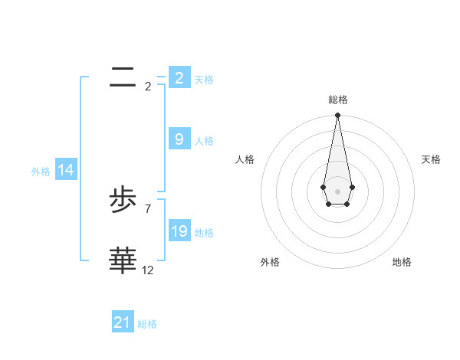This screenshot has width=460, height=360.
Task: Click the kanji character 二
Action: (x=123, y=76)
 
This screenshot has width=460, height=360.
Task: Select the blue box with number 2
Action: (x=179, y=78)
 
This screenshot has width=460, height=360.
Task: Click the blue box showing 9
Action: (x=179, y=139)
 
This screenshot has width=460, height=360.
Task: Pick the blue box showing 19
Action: (x=179, y=231)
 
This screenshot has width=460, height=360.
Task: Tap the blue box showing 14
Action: (x=66, y=171)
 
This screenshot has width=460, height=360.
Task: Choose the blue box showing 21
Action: (x=123, y=322)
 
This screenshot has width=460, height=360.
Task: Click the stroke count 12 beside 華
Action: (x=148, y=270)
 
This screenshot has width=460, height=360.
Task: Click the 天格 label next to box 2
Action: (x=204, y=80)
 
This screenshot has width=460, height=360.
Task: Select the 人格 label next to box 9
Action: (x=204, y=141)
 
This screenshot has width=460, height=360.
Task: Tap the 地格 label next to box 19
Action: (x=204, y=233)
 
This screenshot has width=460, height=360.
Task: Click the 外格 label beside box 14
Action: (x=41, y=172)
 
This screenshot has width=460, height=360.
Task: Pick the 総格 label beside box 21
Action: (x=147, y=324)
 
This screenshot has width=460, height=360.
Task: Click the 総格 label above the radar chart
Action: (x=338, y=100)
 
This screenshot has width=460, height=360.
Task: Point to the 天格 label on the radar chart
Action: (x=432, y=159)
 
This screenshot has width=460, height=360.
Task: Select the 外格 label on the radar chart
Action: (x=270, y=262)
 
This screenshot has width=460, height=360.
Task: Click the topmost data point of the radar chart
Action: (x=337, y=116)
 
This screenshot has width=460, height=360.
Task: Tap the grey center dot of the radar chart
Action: (x=337, y=191)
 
